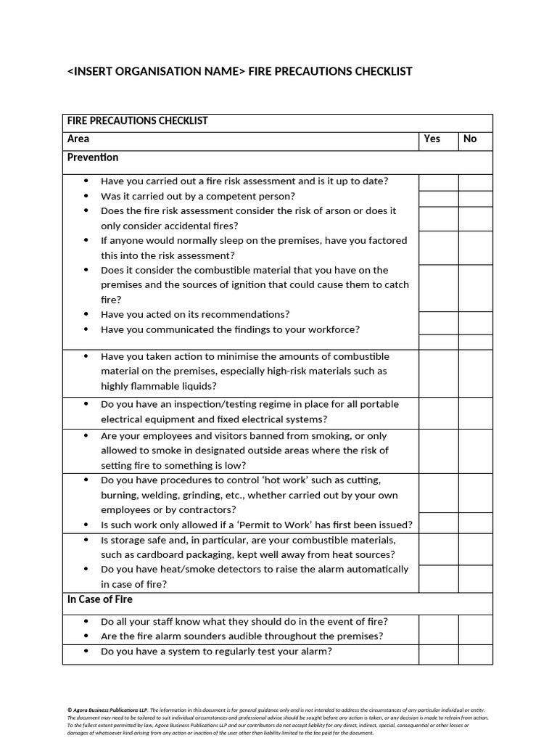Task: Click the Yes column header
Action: [432, 139]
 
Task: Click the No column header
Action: [470, 139]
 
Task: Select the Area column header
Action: [78, 139]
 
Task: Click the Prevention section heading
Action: [93, 157]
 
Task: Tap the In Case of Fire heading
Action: [100, 599]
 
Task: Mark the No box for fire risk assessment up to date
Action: [475, 182]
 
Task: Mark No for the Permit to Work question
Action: [475, 523]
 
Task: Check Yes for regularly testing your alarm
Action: [439, 653]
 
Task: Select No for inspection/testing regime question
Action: [475, 412]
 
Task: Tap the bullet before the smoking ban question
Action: [86, 436]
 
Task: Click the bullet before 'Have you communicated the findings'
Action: [86, 329]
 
